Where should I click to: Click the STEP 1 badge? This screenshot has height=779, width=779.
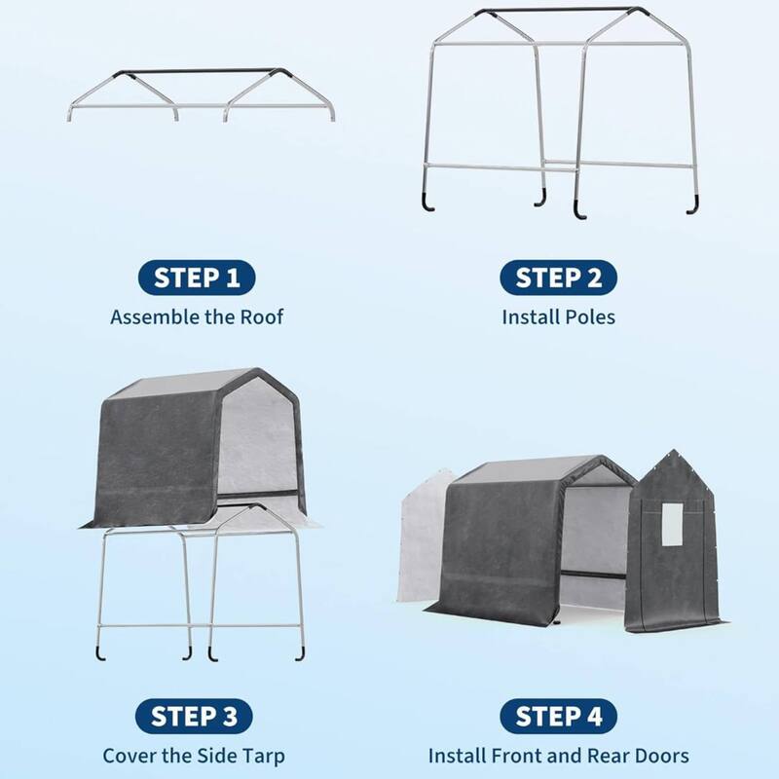click(197, 278)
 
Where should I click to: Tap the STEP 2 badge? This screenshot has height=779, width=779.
click(558, 278)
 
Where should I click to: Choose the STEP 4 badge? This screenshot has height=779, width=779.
click(558, 718)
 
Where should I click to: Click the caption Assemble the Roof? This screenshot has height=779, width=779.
click(197, 316)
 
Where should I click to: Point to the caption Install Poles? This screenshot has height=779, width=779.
click(558, 316)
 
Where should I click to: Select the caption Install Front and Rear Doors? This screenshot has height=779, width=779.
click(558, 756)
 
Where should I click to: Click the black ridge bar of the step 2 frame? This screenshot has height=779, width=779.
click(559, 12)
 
